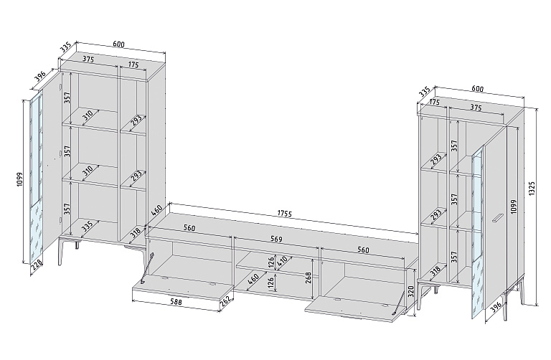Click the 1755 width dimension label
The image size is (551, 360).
tap(284, 214)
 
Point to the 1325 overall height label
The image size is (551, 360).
tap(532, 189)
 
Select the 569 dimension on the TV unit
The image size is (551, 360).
tap(276, 240)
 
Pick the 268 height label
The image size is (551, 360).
tap(308, 278)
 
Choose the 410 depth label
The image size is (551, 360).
tap(282, 261)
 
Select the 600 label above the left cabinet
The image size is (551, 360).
tap(119, 44)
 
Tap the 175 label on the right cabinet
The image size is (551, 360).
tap(435, 103)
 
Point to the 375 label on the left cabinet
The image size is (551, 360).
tap(88, 60)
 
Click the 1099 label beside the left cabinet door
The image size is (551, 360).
tap(19, 179)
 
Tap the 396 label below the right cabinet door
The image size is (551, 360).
tap(495, 308)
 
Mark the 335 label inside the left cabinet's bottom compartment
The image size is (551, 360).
tap(86, 227)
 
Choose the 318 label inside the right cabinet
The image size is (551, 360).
tap(435, 270)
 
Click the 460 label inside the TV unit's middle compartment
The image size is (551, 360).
tap(253, 279)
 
